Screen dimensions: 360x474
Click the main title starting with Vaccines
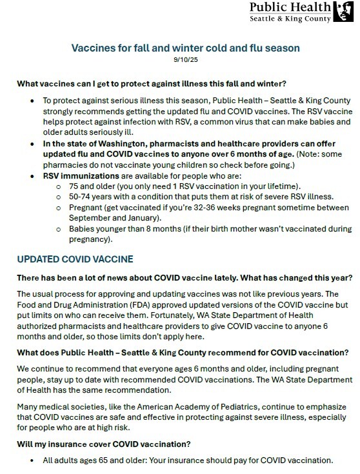[x=180, y=48]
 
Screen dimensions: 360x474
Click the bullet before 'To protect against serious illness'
[x=34, y=102]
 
